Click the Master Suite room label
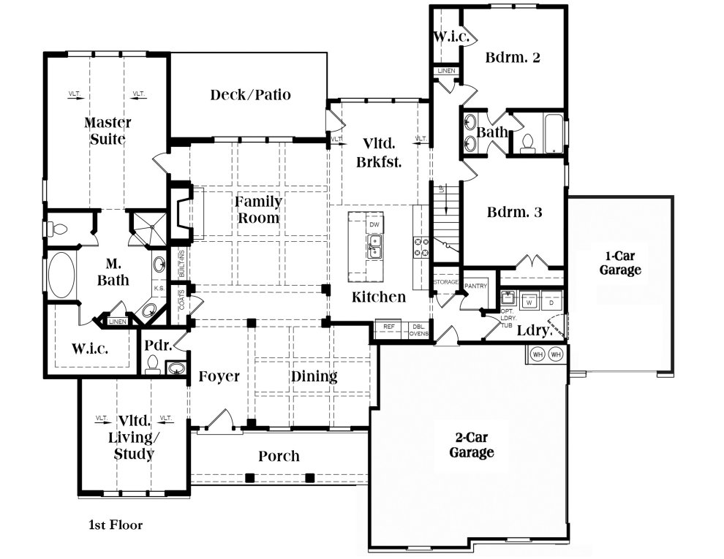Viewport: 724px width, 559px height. pos(107,131)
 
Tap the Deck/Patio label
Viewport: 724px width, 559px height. pos(250,94)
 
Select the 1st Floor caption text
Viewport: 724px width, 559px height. pos(116,525)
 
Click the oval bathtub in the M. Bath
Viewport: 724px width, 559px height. pos(61,277)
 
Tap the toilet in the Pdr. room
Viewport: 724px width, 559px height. pos(153,365)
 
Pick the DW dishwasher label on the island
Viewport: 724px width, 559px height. pos(374,224)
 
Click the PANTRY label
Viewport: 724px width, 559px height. pos(475,286)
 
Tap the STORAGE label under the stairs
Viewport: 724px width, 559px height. pos(445,281)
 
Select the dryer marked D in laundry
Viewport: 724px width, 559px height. pos(551,300)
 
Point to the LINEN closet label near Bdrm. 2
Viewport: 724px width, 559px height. pos(446,71)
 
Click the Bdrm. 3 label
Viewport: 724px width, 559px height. pos(514,213)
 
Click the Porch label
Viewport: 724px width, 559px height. pos(279,456)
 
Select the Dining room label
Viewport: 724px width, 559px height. pos(314,376)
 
